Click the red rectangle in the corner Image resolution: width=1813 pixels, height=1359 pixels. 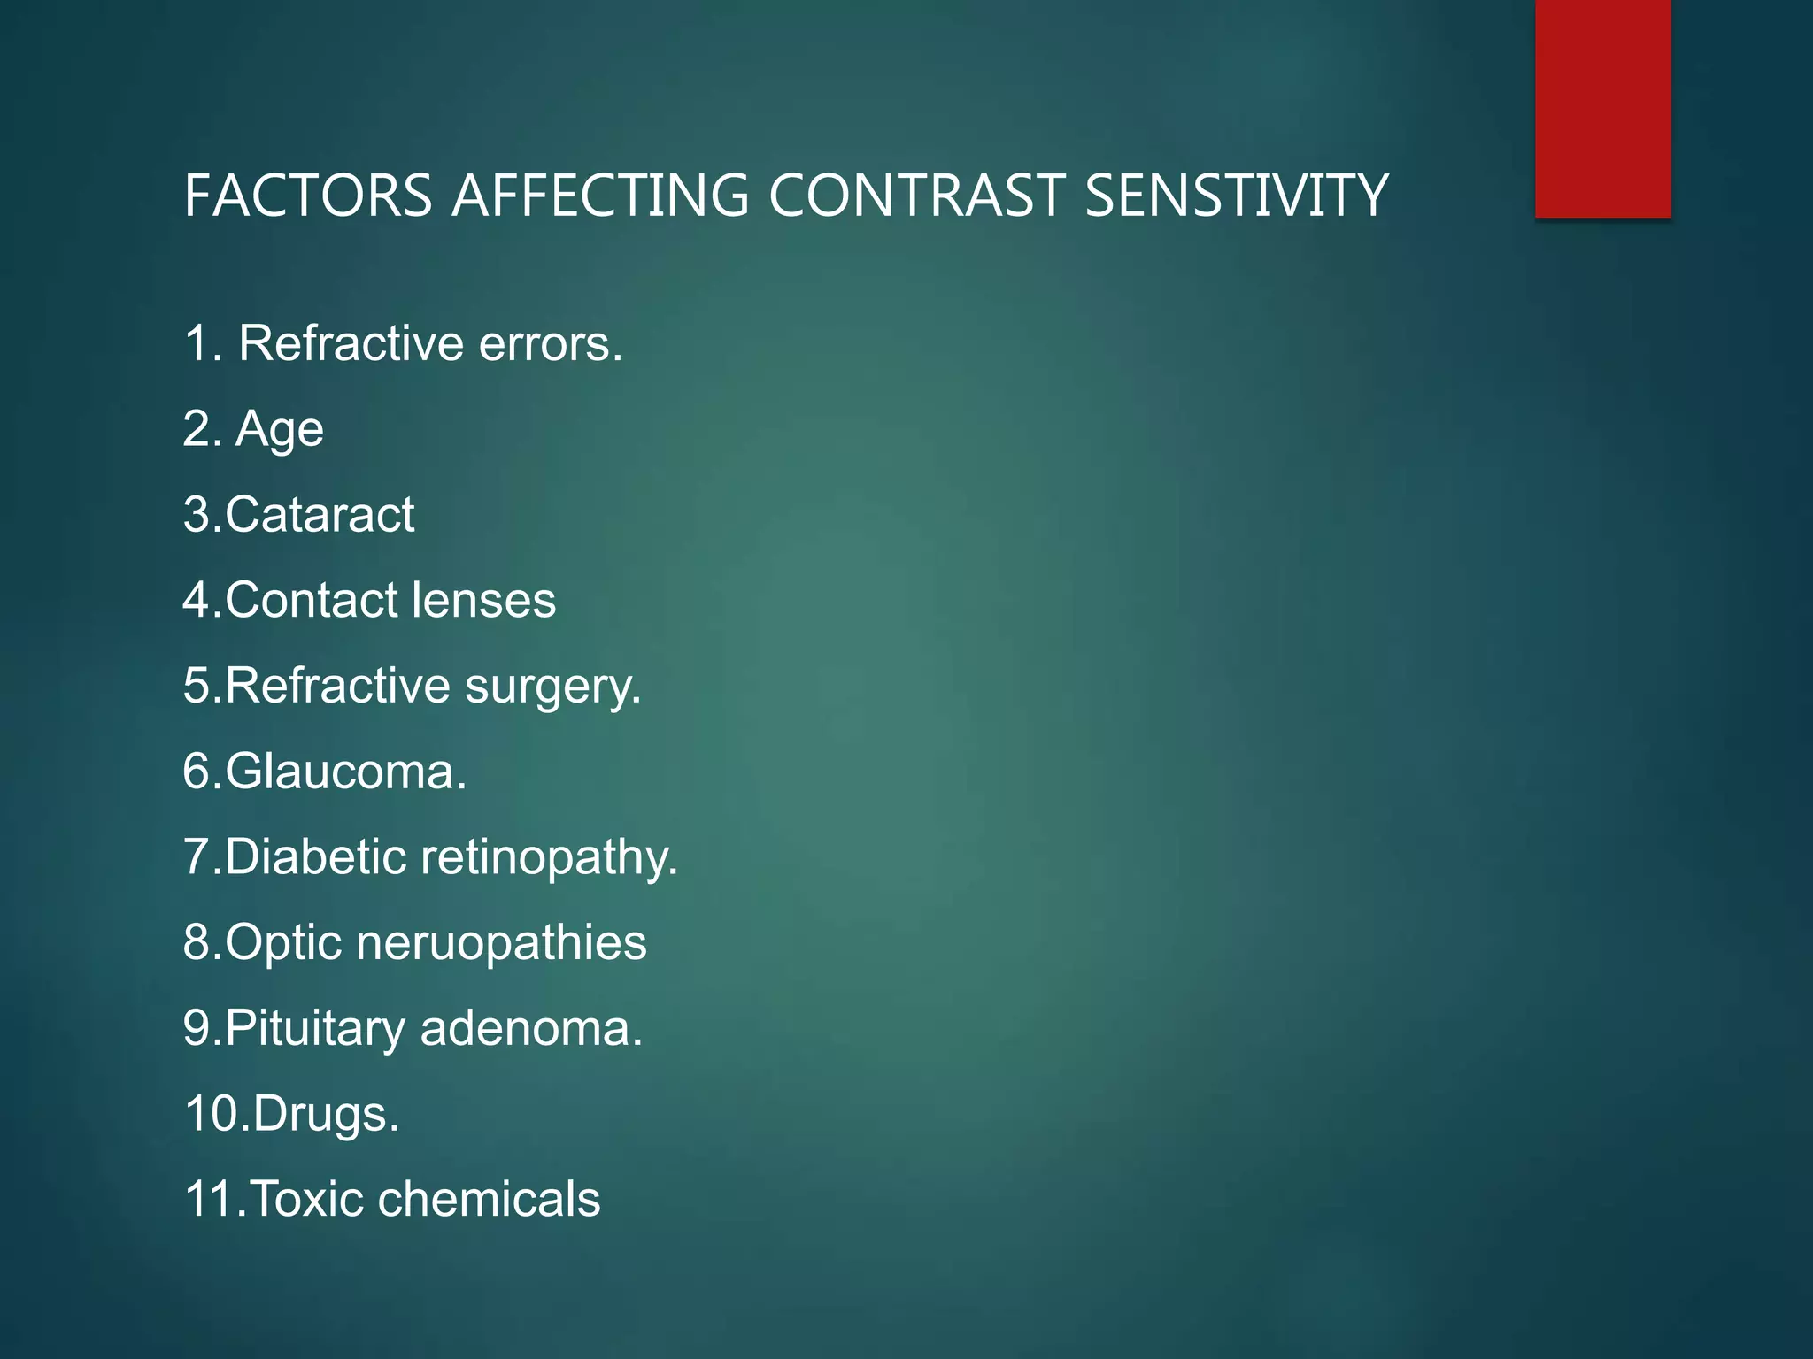pos(1602,108)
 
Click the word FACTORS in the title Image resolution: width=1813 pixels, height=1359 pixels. pos(308,196)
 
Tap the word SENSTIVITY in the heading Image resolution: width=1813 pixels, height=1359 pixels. pos(1236,196)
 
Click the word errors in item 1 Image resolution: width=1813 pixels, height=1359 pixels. pos(550,343)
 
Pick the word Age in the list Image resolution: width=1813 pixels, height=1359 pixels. pos(280,431)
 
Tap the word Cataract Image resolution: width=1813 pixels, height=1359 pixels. pos(320,514)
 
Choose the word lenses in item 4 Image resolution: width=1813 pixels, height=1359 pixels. pos(482,600)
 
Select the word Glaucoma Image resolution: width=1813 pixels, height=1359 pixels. pos(344,772)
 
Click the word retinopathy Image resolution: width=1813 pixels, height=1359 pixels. pos(548,858)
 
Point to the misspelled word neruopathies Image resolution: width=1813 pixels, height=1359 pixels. pos(501,943)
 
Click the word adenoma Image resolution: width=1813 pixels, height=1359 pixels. pos(530,1028)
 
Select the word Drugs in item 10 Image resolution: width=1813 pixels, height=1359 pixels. pos(325,1115)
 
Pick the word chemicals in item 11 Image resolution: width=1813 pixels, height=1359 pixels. pos(489,1199)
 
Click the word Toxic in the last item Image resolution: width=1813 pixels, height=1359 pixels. pos(307,1199)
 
